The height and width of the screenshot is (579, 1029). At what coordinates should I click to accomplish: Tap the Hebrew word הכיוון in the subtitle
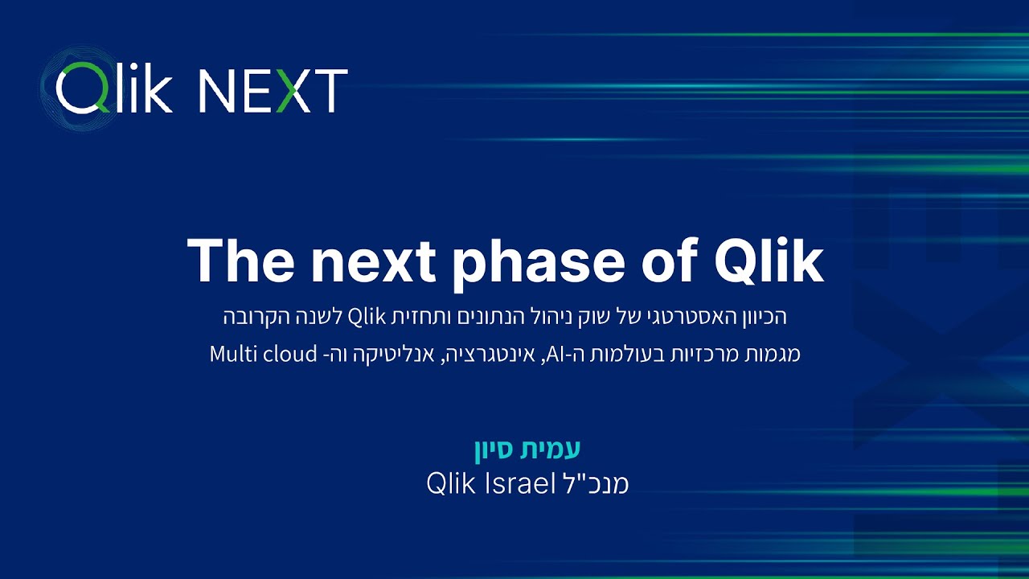pyautogui.click(x=758, y=317)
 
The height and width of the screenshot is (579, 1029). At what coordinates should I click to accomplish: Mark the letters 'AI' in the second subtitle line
pyautogui.click(x=554, y=354)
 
